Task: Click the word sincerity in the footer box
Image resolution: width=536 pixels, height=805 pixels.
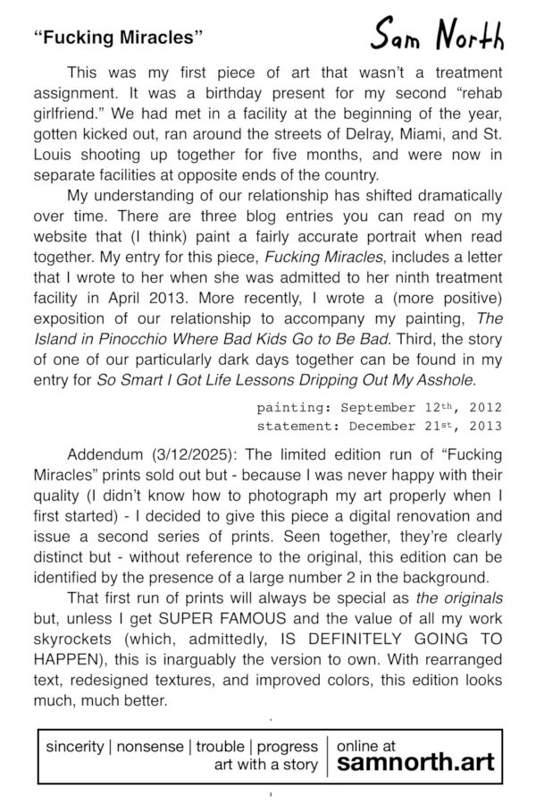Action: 75,746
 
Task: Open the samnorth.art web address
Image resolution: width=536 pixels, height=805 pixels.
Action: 415,765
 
